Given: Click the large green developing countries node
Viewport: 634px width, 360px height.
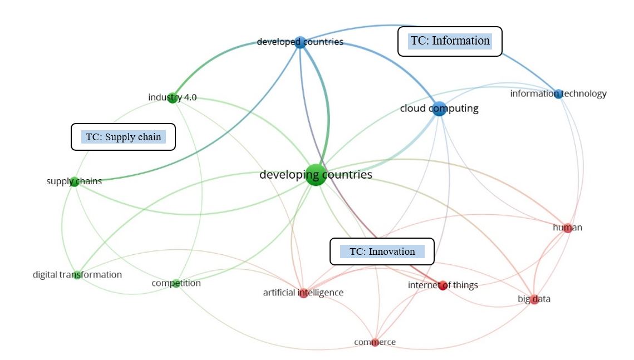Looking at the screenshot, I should pyautogui.click(x=316, y=175).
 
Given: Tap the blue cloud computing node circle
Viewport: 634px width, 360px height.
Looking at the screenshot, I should pyautogui.click(x=439, y=109).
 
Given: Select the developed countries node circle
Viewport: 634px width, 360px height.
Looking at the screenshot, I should pyautogui.click(x=300, y=42).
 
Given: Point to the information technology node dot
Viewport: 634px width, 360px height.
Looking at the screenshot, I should pyautogui.click(x=558, y=94).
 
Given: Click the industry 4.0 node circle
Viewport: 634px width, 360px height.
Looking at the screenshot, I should pyautogui.click(x=173, y=98).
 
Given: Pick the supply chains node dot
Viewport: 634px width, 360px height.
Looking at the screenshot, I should pyautogui.click(x=74, y=181).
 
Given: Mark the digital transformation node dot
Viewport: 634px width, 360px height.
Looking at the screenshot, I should pyautogui.click(x=77, y=274).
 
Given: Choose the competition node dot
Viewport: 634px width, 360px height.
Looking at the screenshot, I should pyautogui.click(x=176, y=283).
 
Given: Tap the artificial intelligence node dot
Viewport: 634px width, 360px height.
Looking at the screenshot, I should pyautogui.click(x=303, y=293).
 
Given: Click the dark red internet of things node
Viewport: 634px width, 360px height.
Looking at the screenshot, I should pyautogui.click(x=443, y=286).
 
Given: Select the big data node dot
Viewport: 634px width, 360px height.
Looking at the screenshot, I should pyautogui.click(x=534, y=299).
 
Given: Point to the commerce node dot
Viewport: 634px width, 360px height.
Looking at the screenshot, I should pyautogui.click(x=375, y=342).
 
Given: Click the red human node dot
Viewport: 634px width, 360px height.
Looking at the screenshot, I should pyautogui.click(x=567, y=228).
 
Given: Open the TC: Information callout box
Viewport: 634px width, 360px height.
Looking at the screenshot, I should pyautogui.click(x=450, y=41).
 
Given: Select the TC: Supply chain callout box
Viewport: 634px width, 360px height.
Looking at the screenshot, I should pyautogui.click(x=123, y=137).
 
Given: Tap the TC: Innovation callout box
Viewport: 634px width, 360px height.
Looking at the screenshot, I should pyautogui.click(x=382, y=251).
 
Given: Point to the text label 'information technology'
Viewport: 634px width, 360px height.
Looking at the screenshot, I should pyautogui.click(x=558, y=93).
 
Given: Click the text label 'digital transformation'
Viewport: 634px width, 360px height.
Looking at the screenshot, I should pyautogui.click(x=77, y=275).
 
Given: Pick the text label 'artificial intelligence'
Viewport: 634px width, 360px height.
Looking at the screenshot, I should pyautogui.click(x=303, y=293).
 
